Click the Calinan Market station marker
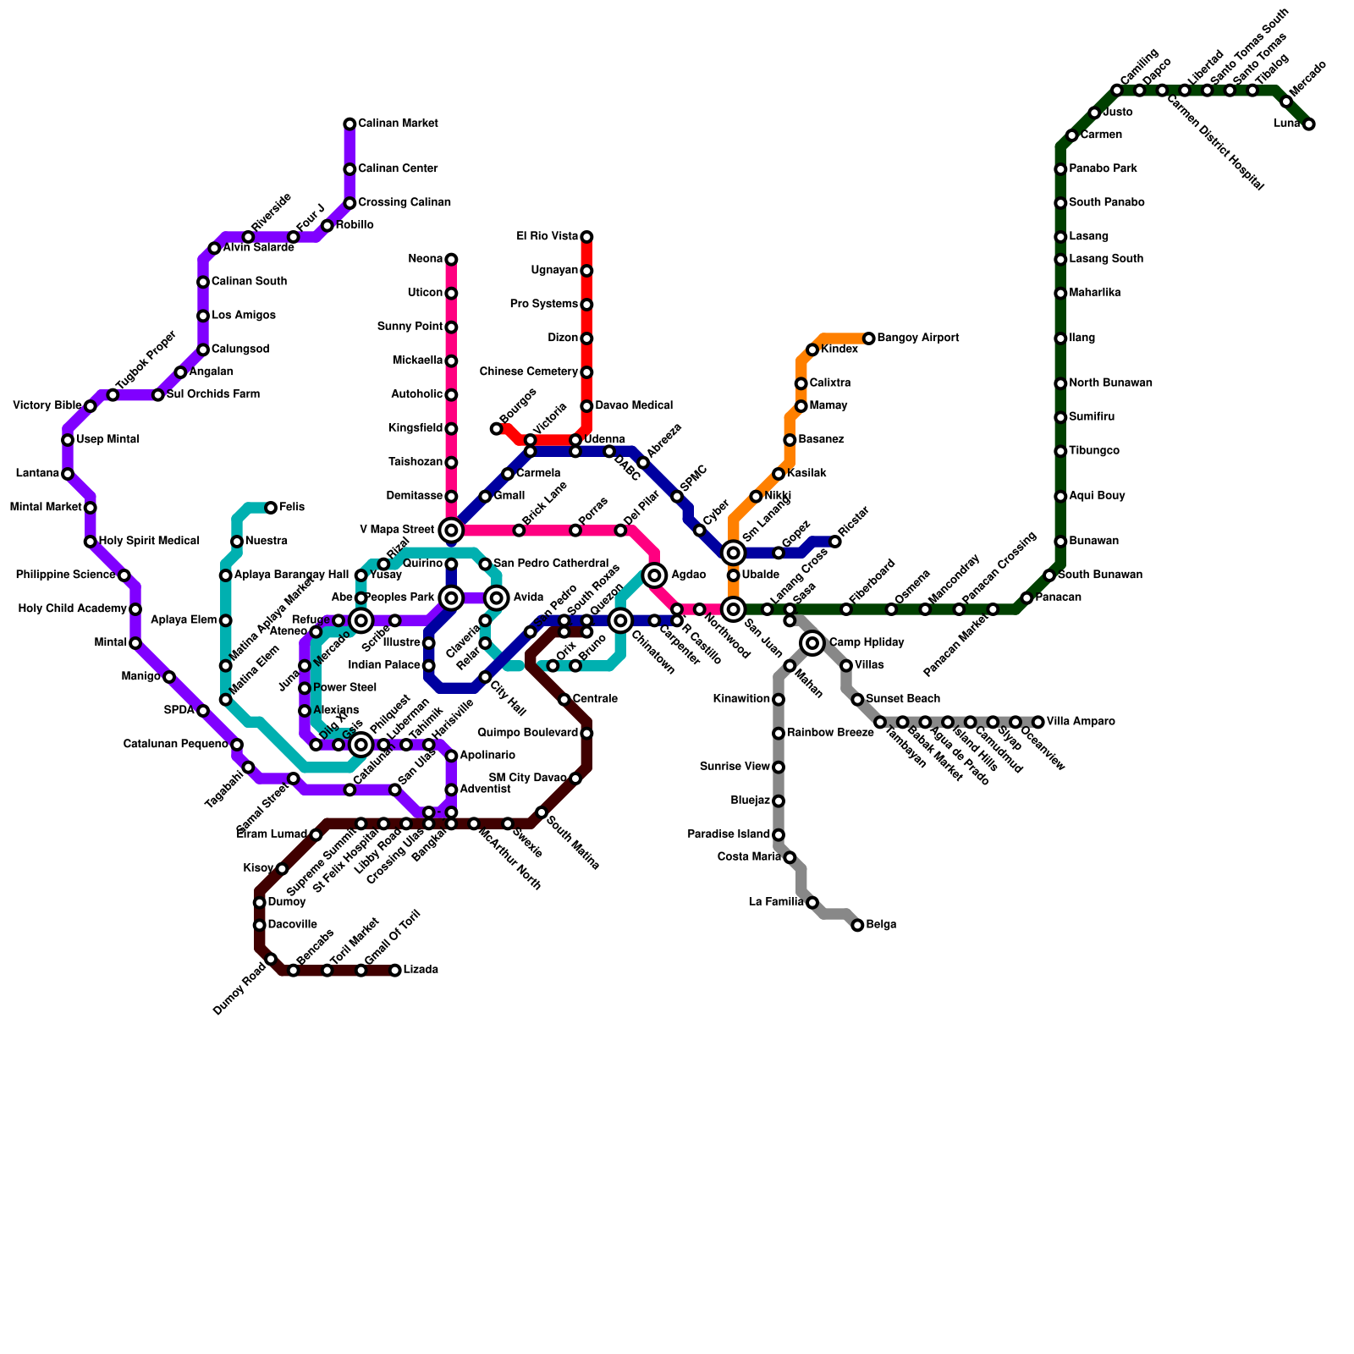(350, 124)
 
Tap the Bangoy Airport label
(918, 338)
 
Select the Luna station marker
(1309, 124)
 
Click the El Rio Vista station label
(547, 237)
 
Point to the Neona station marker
(451, 259)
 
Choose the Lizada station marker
(395, 970)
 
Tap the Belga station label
(881, 925)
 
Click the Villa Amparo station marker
(1038, 722)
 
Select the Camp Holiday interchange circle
(812, 643)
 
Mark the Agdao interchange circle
(654, 575)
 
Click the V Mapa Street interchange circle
(451, 531)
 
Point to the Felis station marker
(271, 508)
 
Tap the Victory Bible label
(47, 406)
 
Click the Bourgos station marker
(497, 429)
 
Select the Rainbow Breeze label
(830, 733)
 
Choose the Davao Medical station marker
(586, 406)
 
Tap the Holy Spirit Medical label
(149, 541)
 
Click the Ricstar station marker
(835, 542)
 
